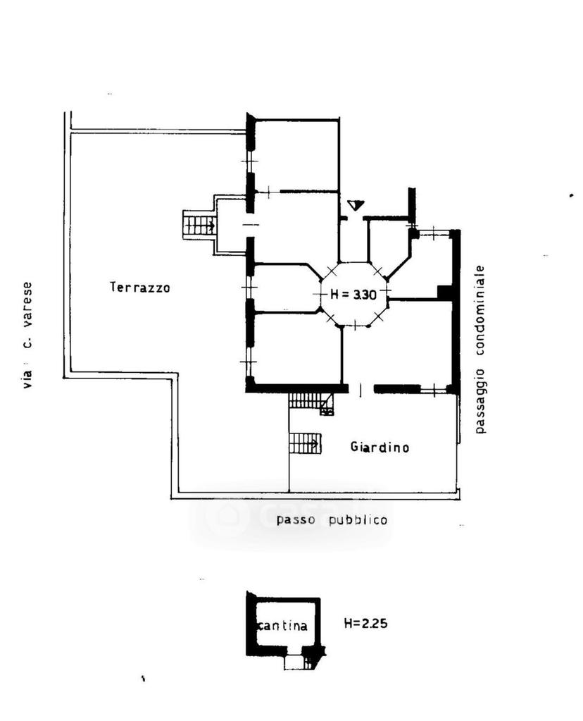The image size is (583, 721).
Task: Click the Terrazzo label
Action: point(140,288)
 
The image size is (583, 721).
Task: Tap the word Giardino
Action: point(380,447)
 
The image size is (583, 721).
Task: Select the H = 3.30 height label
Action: point(353,295)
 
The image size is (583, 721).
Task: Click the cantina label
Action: point(282,625)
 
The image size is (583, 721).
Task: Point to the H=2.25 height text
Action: point(365,623)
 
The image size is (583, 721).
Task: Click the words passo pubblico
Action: point(332,520)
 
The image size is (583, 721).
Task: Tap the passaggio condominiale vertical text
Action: point(479,350)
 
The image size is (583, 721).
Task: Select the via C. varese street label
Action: point(27,335)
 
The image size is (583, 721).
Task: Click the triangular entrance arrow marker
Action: point(356,204)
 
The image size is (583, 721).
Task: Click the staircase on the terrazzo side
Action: point(199,225)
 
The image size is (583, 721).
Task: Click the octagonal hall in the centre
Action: point(353,295)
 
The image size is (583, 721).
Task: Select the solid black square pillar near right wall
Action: point(444,292)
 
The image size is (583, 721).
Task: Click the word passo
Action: point(296,521)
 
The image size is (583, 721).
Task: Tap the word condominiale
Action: point(479,310)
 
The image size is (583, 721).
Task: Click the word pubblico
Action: point(358,520)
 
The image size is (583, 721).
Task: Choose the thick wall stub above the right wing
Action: point(412,205)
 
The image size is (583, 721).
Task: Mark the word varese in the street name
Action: point(27,304)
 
